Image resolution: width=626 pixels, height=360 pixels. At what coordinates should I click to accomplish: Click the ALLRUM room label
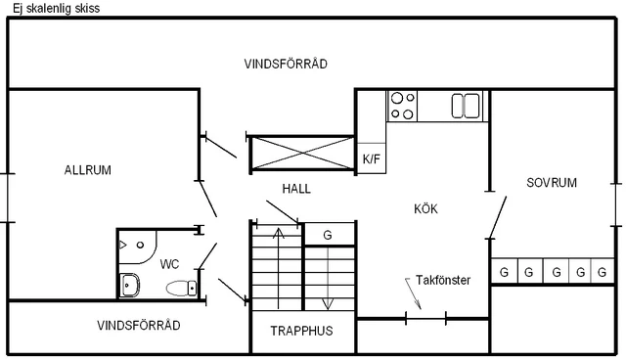click(88, 170)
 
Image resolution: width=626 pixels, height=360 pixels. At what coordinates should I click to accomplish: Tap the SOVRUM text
click(552, 183)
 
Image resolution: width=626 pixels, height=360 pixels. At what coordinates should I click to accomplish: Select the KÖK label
click(425, 208)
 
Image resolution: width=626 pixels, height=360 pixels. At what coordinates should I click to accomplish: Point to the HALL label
click(296, 189)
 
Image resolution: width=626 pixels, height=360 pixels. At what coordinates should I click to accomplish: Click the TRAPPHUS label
click(301, 331)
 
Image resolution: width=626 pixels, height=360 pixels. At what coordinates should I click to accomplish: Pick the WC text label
click(169, 264)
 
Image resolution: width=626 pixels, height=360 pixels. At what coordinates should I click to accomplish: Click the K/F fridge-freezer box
click(371, 158)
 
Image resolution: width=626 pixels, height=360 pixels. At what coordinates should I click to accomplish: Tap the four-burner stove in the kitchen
click(402, 105)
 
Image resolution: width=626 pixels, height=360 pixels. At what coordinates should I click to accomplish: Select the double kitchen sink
click(466, 105)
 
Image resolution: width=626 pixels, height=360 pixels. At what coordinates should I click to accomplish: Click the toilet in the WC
click(181, 288)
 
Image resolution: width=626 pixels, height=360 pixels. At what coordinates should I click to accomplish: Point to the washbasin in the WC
click(129, 286)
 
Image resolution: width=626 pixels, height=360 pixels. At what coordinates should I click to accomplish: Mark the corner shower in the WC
click(137, 243)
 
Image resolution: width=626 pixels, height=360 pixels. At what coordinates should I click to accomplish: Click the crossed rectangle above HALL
click(301, 154)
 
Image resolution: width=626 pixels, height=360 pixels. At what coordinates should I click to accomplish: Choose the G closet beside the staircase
click(328, 235)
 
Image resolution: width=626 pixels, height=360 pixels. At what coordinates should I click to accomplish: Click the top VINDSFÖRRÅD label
click(286, 64)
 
